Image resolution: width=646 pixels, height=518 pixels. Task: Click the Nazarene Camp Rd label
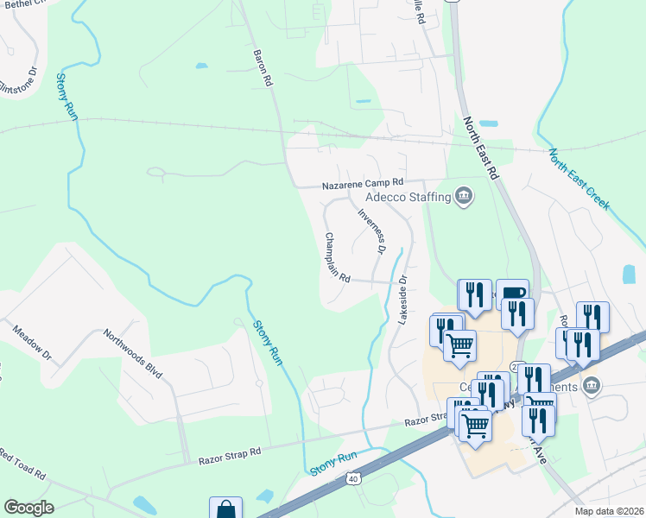363,183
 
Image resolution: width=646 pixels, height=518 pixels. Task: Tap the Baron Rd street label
263,66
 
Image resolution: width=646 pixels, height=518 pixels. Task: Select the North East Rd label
482,148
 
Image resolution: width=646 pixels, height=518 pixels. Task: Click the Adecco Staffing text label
408,197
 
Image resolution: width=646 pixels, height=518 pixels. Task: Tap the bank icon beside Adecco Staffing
465,196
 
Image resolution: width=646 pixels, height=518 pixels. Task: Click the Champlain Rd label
337,257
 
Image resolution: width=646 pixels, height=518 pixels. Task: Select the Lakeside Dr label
402,301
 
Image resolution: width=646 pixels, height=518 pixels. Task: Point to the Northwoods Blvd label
133,354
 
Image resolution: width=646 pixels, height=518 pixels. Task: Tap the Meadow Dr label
32,344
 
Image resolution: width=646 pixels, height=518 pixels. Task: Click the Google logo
28,508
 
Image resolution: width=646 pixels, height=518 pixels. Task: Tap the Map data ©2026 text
610,511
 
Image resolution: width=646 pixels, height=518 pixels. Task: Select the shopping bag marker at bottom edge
225,509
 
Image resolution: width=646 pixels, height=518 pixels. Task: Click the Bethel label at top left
21,4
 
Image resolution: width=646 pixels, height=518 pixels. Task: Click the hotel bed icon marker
512,293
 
